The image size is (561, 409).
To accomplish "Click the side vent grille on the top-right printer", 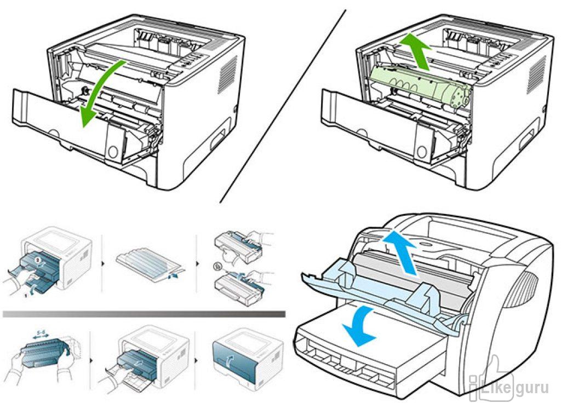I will pyautogui.click(x=534, y=76).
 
